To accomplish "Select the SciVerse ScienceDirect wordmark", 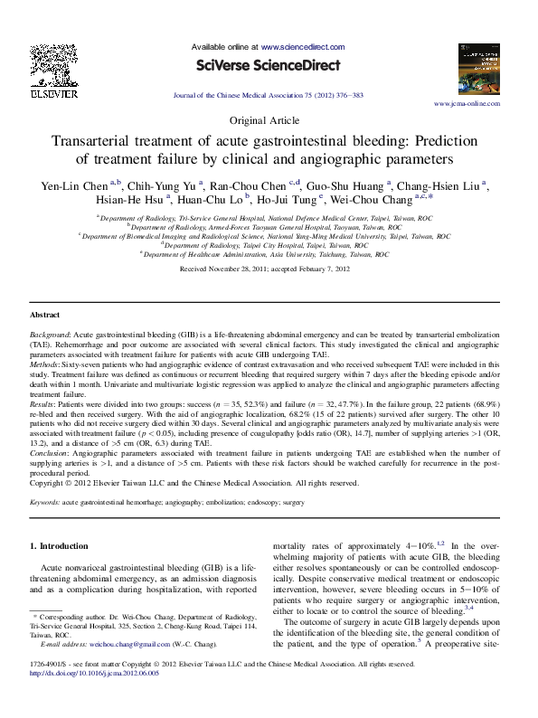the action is tap(269, 65).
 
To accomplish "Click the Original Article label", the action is tap(269, 120).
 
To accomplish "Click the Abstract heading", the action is tap(45, 315).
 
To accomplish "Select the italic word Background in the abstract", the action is tap(50, 334).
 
